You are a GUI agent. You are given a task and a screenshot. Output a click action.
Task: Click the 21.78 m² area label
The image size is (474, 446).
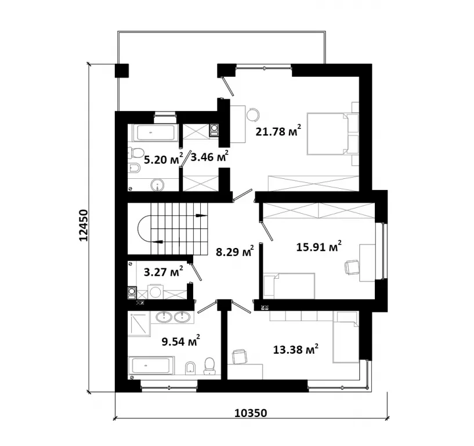pyautogui.click(x=278, y=131)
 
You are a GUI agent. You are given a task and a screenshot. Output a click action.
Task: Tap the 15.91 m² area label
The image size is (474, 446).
pyautogui.click(x=319, y=246)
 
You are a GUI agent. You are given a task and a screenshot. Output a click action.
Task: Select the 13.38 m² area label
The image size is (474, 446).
pyautogui.click(x=296, y=349)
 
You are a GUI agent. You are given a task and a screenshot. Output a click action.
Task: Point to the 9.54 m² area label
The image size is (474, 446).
pyautogui.click(x=181, y=341)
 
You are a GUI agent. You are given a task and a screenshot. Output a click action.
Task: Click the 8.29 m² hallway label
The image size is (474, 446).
pyautogui.click(x=235, y=251)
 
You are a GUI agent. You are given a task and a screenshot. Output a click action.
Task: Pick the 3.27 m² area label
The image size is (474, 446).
pyautogui.click(x=163, y=271)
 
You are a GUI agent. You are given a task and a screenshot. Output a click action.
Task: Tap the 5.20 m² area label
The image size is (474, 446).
pyautogui.click(x=163, y=159)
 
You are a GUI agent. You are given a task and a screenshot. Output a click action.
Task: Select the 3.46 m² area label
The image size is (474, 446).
pyautogui.click(x=209, y=156)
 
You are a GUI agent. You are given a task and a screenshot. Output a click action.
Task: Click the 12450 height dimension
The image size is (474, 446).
pyautogui.click(x=83, y=225)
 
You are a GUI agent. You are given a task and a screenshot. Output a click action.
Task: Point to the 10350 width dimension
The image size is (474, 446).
pyautogui.click(x=251, y=413)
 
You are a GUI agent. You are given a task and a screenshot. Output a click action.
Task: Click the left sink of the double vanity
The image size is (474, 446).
pyautogui.click(x=164, y=317)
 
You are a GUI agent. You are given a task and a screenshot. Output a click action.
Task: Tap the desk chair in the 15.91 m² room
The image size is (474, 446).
pyautogui.click(x=352, y=267)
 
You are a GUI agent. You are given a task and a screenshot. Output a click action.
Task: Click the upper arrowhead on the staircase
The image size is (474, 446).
pyautogui.click(x=202, y=215)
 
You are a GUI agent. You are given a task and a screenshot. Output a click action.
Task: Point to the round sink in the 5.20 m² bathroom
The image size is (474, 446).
pyautogui.click(x=157, y=185)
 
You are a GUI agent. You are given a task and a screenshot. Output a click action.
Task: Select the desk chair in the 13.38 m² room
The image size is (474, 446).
pyautogui.click(x=240, y=356)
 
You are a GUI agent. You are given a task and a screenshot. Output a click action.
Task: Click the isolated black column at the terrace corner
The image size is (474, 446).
pyautogui.click(x=122, y=71)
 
